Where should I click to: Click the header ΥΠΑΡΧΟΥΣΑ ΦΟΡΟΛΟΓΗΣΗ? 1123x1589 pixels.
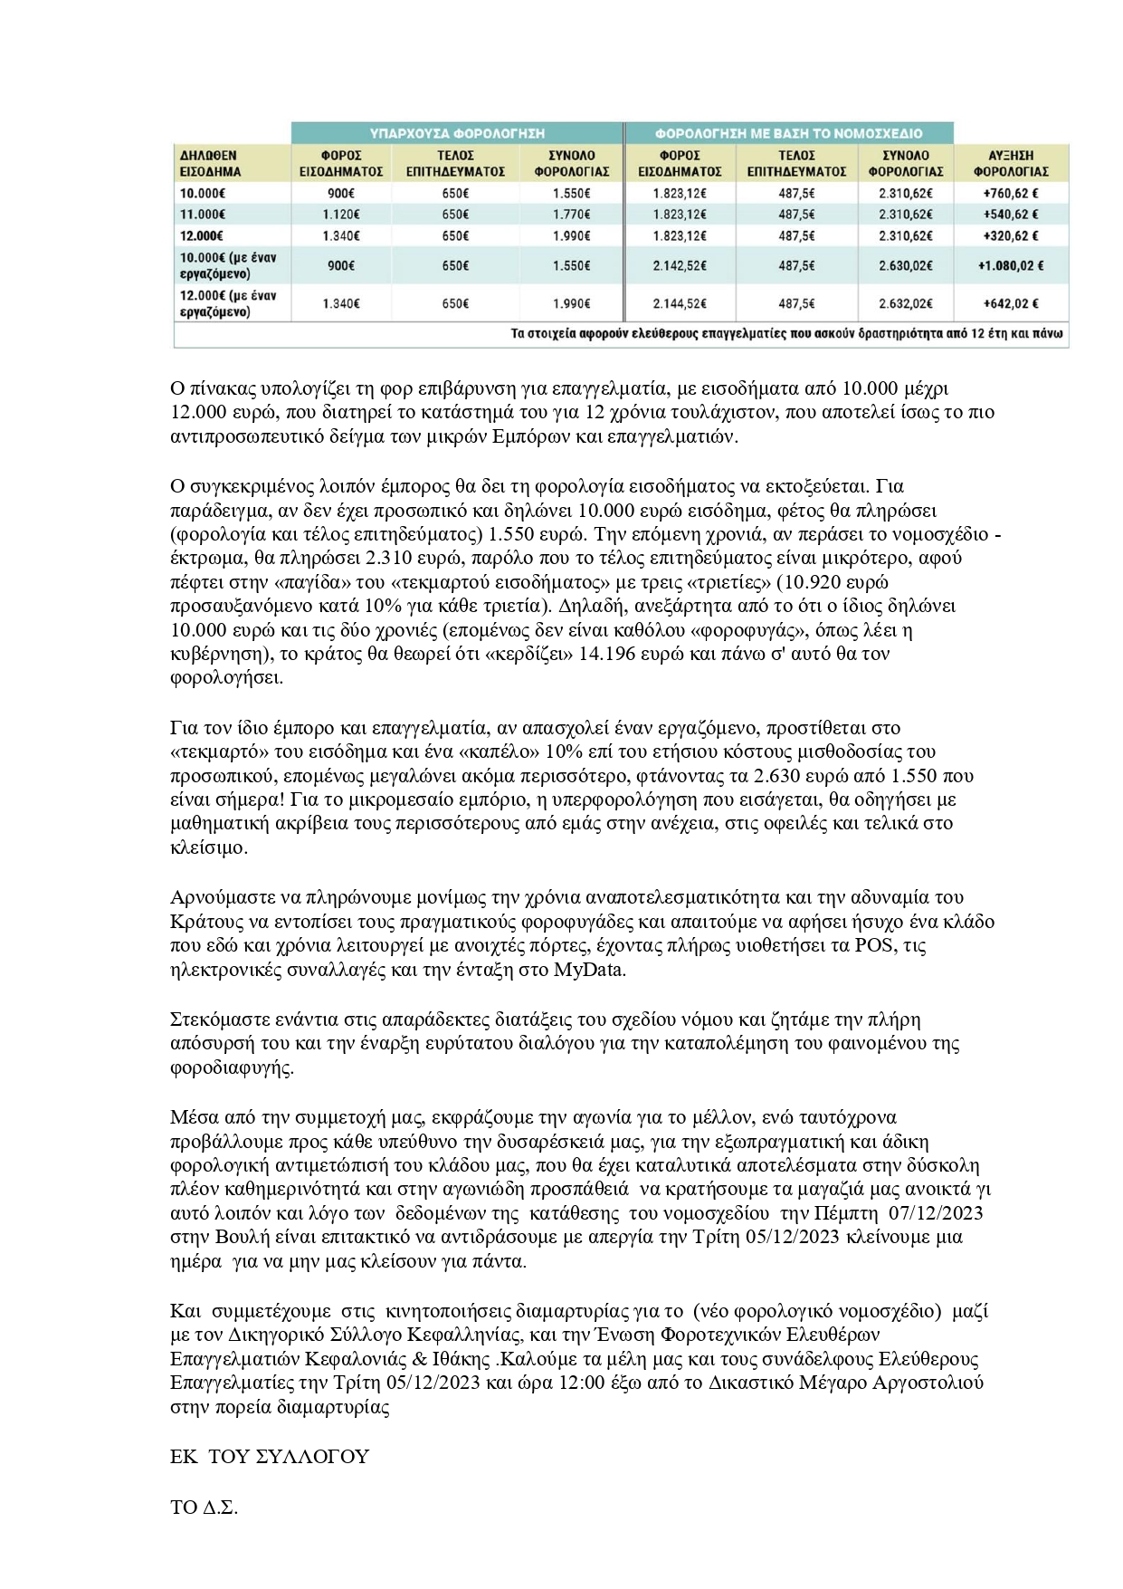pos(457,132)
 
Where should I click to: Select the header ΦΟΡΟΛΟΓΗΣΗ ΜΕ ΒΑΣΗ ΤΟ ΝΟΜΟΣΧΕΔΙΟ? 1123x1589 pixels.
pos(788,132)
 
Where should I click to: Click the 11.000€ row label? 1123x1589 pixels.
pos(202,215)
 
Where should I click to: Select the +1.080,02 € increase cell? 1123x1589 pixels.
pos(1010,266)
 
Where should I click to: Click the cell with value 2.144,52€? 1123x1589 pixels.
pos(680,304)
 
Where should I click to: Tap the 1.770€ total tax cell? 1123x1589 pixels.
pos(570,215)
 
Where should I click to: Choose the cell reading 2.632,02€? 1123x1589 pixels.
pos(905,304)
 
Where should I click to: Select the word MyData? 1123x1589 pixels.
pos(595,970)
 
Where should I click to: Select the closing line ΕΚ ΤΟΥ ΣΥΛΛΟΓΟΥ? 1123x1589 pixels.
pos(270,1457)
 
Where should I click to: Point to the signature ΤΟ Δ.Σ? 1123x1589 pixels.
pos(204,1508)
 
